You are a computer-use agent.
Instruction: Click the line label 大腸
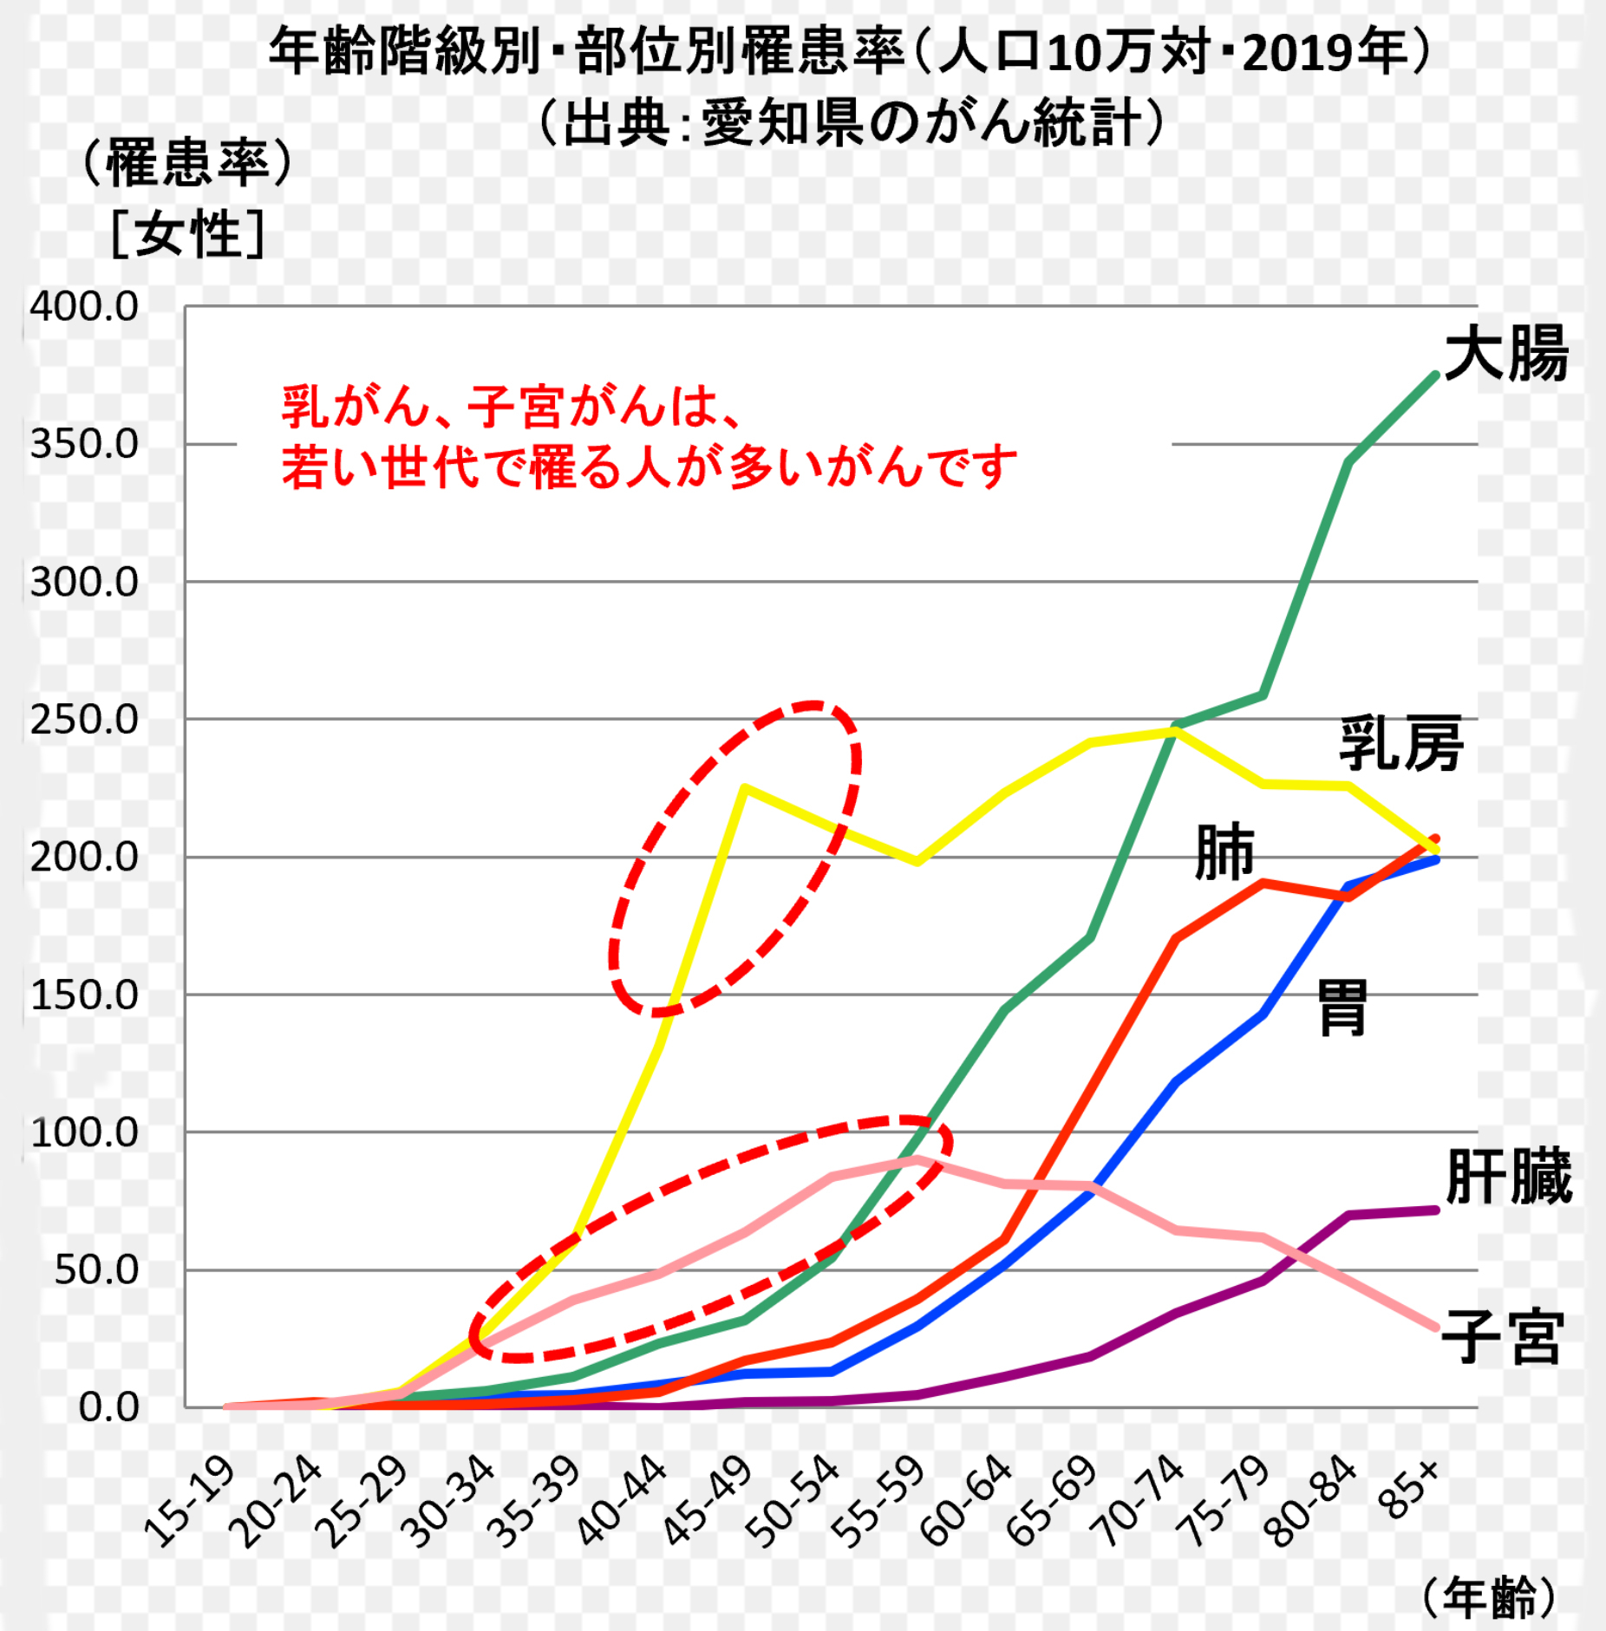click(x=1505, y=354)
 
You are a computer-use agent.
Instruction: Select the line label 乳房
click(x=1400, y=743)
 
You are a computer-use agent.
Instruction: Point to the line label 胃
click(x=1342, y=1007)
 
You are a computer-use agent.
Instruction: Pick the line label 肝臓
click(x=1508, y=1177)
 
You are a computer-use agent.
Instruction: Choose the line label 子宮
click(x=1503, y=1338)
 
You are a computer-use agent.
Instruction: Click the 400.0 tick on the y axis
click(x=84, y=307)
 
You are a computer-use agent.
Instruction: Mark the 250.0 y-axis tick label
click(x=84, y=720)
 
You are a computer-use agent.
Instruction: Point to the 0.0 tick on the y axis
click(x=108, y=1407)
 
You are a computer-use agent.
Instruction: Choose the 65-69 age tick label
click(x=1053, y=1501)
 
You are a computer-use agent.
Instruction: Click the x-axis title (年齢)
click(x=1489, y=1596)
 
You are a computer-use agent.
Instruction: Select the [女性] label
click(x=187, y=233)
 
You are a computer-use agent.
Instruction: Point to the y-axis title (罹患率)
click(x=187, y=162)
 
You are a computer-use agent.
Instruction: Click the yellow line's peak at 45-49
click(x=745, y=787)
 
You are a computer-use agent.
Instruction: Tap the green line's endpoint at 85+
click(x=1435, y=376)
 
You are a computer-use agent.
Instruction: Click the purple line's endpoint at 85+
click(x=1435, y=1210)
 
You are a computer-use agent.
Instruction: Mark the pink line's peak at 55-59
click(x=917, y=1159)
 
